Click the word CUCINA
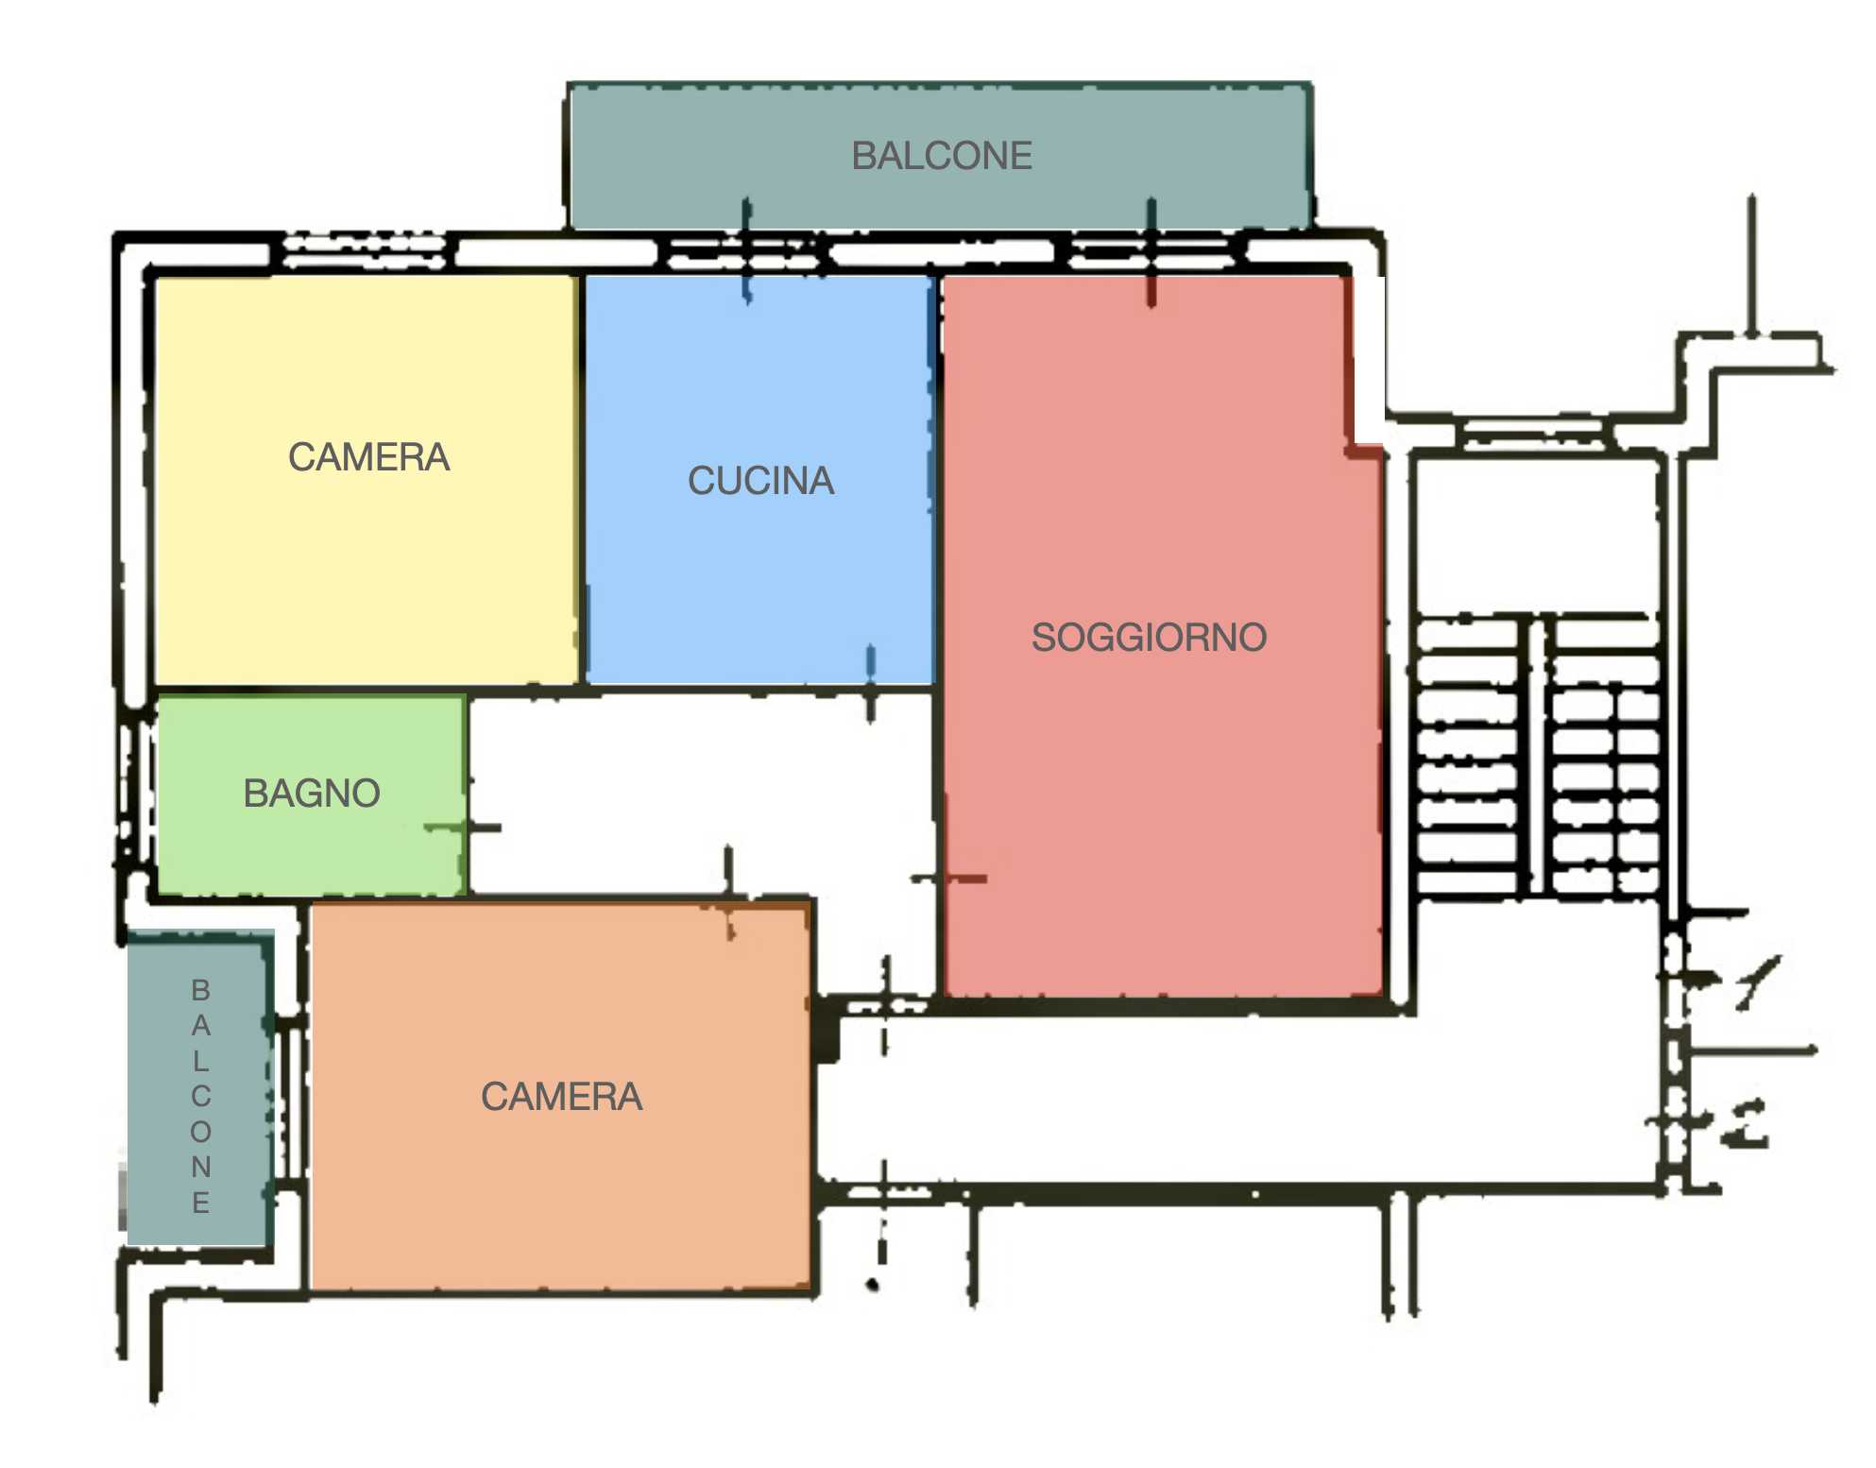coord(760,481)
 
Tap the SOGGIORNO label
coord(1149,638)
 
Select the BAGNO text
coord(312,794)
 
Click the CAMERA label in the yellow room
coord(368,457)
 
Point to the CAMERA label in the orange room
coord(561,1097)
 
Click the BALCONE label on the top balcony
coord(942,156)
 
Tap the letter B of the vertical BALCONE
coord(200,990)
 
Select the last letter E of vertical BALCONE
coord(200,1203)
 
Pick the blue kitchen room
coord(759,479)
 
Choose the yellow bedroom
coord(367,480)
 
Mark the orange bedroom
coord(561,1096)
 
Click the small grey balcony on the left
coord(200,1088)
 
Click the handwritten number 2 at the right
coord(1746,1124)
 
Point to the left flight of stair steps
coord(1468,756)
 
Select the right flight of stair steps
coord(1604,756)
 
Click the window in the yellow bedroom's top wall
coord(365,251)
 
